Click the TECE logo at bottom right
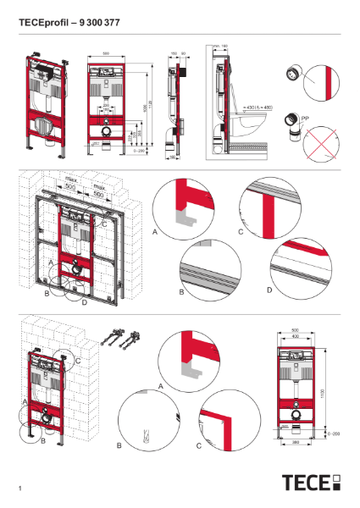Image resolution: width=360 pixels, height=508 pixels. (311, 483)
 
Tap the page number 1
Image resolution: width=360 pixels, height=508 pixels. (19, 489)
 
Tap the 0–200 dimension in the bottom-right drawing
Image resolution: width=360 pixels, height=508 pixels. (333, 432)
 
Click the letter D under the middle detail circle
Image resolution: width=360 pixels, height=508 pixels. (269, 290)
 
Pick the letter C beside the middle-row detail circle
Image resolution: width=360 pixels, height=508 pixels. (241, 231)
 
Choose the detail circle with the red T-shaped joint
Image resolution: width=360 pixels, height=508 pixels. (272, 207)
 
